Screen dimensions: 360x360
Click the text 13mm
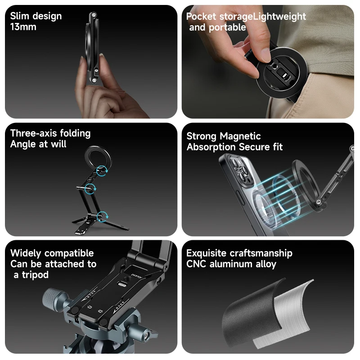coord(23,27)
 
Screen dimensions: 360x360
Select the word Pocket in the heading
coord(201,17)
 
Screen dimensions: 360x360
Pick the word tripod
coord(35,275)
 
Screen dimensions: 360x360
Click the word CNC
coord(196,264)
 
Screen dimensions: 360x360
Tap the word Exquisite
coord(207,253)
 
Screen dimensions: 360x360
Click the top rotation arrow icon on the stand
coord(102,171)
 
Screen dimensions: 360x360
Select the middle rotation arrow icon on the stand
coord(90,189)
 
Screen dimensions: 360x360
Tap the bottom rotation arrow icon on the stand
coord(102,216)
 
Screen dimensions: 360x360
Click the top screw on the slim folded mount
coord(94,15)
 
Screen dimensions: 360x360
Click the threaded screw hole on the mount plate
coord(126,278)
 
